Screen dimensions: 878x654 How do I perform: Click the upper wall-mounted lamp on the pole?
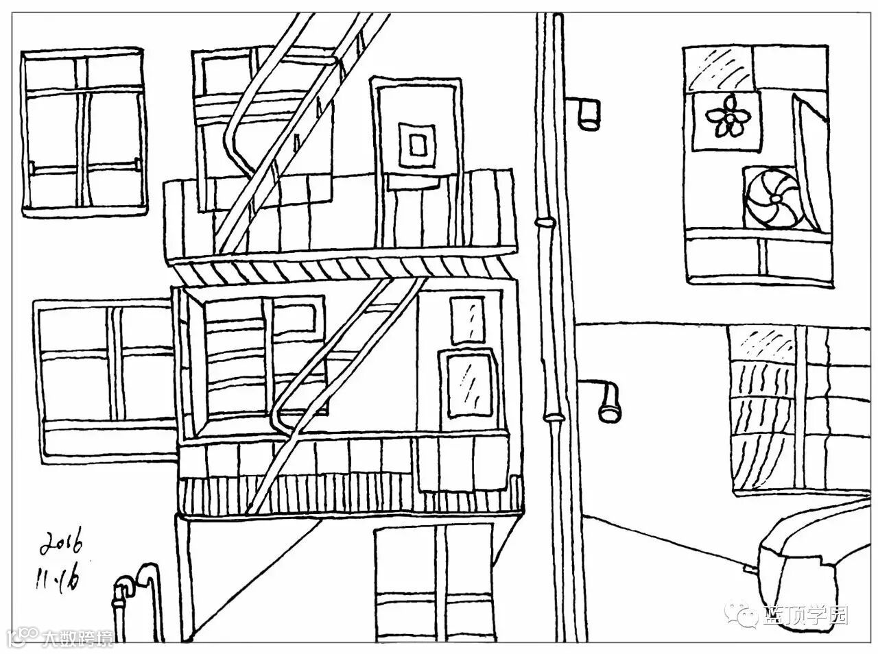(x=589, y=112)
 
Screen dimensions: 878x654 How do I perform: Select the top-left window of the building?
(x=84, y=132)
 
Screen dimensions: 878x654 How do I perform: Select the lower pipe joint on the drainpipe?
(x=553, y=415)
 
